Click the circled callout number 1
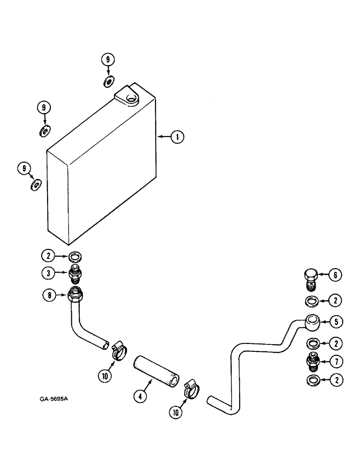(x=177, y=137)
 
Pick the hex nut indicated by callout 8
(x=76, y=295)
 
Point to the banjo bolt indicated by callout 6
(x=311, y=278)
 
